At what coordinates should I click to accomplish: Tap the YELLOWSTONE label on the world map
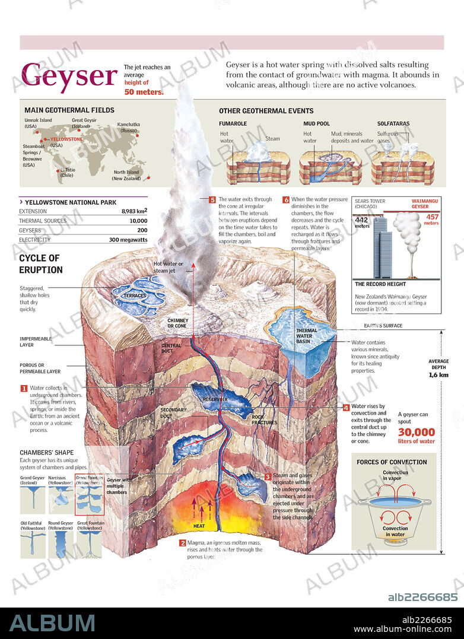[66, 139]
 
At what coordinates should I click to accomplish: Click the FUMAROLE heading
[233, 124]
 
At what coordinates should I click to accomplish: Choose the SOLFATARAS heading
[393, 124]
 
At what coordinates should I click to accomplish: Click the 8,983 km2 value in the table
[134, 211]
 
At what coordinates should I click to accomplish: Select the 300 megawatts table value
[128, 240]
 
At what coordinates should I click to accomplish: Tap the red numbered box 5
[212, 200]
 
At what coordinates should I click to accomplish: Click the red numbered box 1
[24, 388]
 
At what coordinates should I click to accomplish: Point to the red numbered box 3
[268, 476]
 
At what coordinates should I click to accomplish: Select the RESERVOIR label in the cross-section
[215, 399]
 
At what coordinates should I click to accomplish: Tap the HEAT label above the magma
[199, 526]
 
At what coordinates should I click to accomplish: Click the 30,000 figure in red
[416, 433]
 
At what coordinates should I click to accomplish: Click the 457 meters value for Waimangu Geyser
[431, 220]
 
